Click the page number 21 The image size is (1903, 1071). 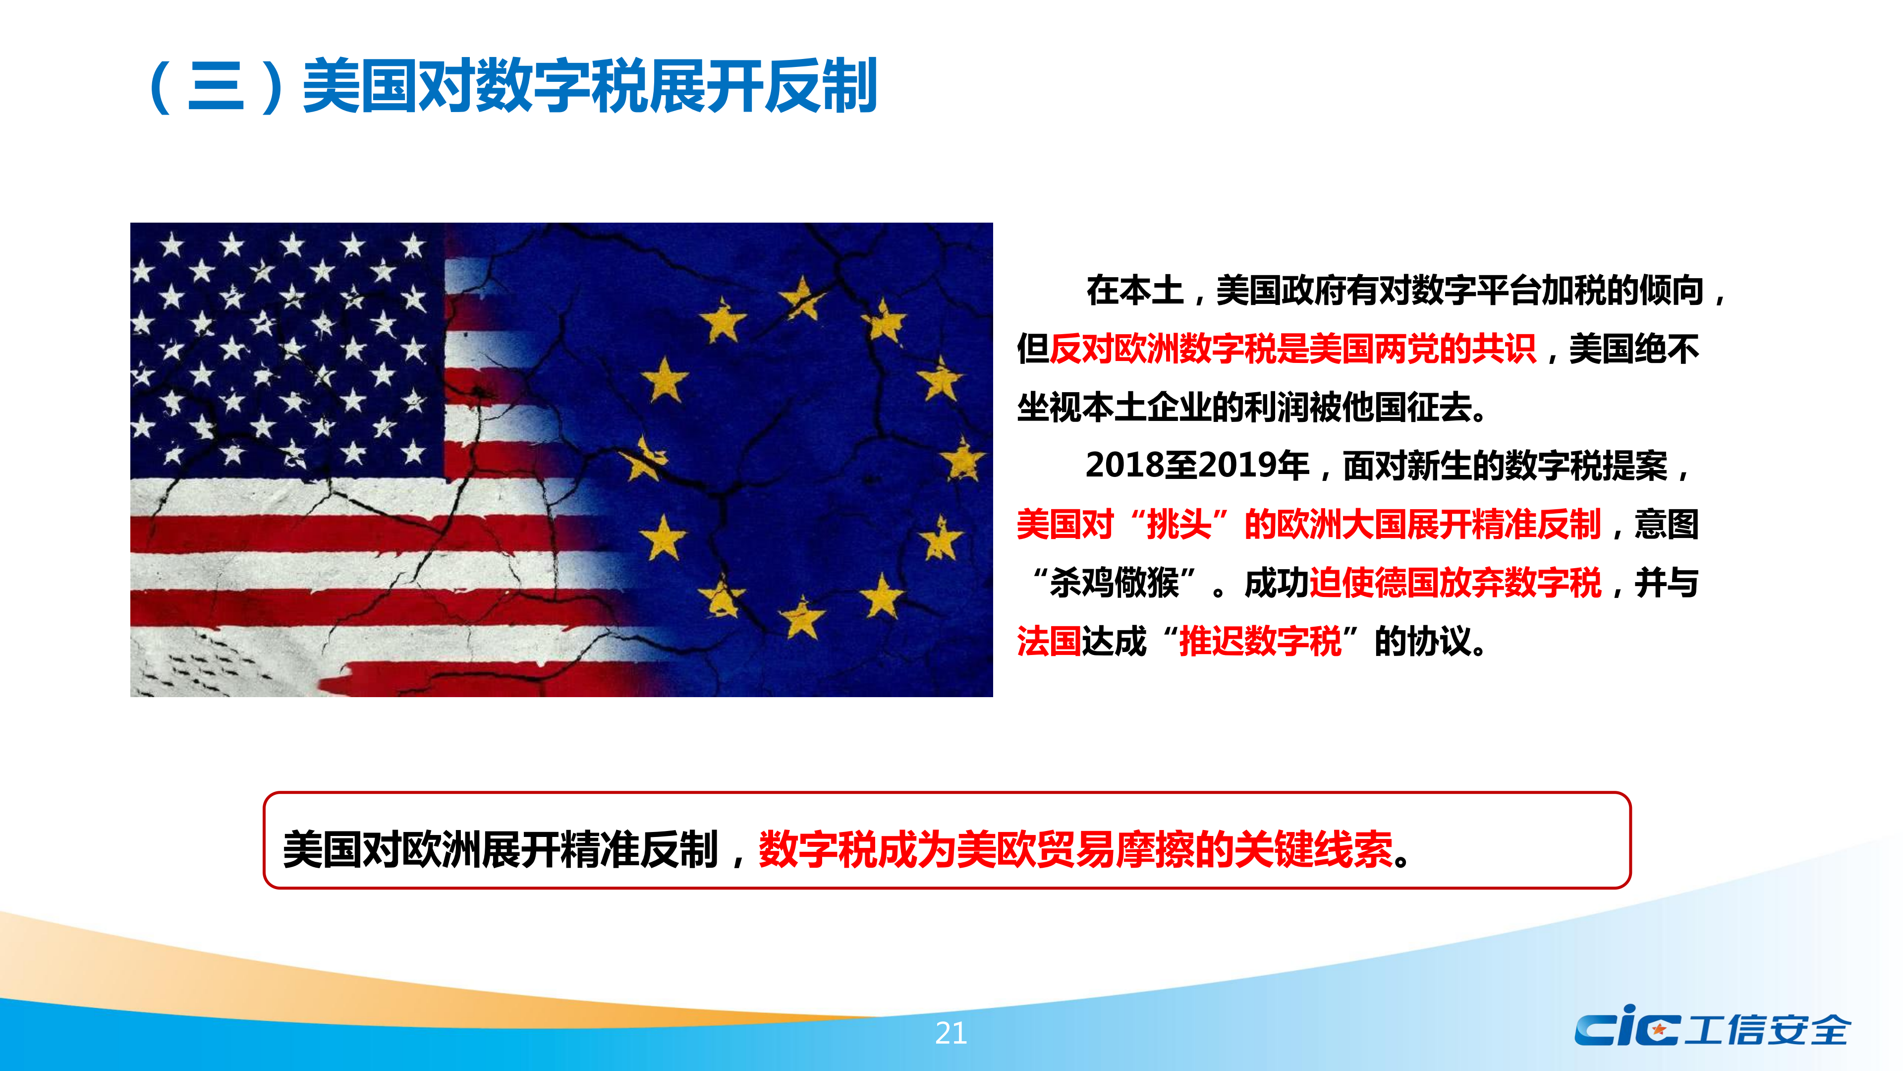(x=951, y=1032)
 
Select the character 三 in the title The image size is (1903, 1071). (x=216, y=86)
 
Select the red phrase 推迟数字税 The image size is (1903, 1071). (x=1260, y=641)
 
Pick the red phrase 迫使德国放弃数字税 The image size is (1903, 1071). (x=1455, y=583)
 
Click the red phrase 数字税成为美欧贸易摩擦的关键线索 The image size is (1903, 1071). (x=1075, y=848)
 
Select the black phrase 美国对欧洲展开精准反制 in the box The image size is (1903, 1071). (x=500, y=848)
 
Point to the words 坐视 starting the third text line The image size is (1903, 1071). (x=1049, y=407)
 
